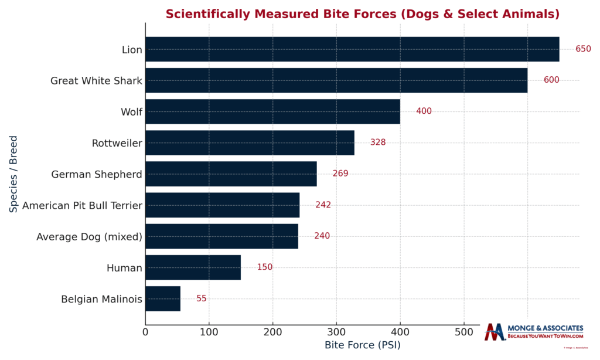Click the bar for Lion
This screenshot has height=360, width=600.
click(x=352, y=49)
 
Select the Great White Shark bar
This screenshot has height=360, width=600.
click(x=336, y=80)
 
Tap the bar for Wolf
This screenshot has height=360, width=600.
click(x=272, y=111)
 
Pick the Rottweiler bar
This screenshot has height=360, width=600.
click(x=250, y=142)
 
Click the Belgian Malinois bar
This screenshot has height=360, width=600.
click(x=163, y=298)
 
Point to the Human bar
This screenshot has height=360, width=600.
click(x=193, y=267)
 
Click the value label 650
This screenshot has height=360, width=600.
click(x=583, y=49)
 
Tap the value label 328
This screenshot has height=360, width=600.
click(x=377, y=142)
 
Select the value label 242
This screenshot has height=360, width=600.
click(x=323, y=205)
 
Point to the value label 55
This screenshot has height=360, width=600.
click(x=201, y=298)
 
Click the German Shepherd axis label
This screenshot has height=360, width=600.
click(x=97, y=174)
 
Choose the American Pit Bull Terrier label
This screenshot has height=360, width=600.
click(x=82, y=205)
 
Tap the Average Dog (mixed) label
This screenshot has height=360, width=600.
click(x=89, y=236)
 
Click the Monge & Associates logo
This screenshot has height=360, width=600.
click(x=534, y=332)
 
